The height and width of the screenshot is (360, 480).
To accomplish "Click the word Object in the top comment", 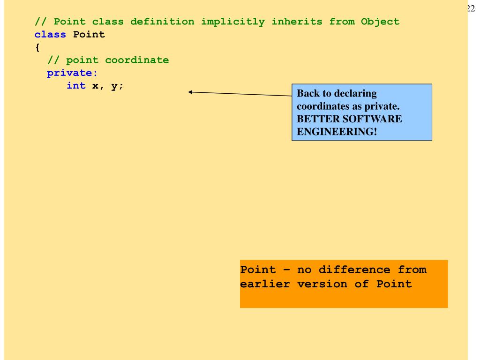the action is (380, 22).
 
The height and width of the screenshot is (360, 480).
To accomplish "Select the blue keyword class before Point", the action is (50, 34).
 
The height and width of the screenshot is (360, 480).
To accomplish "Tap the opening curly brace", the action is (37, 47).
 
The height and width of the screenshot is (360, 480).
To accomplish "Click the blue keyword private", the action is (72, 73).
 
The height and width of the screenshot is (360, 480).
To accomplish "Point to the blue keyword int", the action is (76, 85).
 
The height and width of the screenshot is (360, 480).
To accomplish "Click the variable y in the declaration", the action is (114, 86).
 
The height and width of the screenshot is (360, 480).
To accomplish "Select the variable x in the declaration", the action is (95, 86).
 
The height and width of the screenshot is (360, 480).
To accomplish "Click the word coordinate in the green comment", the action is (137, 60).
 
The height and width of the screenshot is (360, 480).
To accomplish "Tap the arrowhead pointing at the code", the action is (190, 92).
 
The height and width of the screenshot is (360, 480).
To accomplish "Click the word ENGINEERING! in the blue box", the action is (337, 132).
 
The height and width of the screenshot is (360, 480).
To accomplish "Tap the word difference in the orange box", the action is (354, 270).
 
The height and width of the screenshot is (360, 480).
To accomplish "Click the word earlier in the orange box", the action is (265, 284).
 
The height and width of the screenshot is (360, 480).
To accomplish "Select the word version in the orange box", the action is (322, 285).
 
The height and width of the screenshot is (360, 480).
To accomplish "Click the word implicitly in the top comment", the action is (233, 22).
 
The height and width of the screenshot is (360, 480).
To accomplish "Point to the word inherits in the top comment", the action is (297, 22).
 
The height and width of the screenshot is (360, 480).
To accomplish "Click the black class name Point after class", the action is (89, 34).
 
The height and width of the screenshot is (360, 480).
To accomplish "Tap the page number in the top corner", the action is (472, 8).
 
